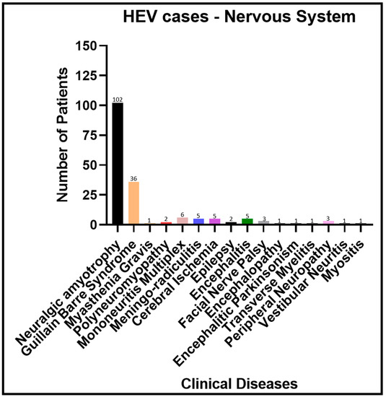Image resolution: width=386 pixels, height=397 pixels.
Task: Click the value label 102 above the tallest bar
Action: click(118, 100)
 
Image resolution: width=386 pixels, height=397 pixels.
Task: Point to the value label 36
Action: click(133, 178)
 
